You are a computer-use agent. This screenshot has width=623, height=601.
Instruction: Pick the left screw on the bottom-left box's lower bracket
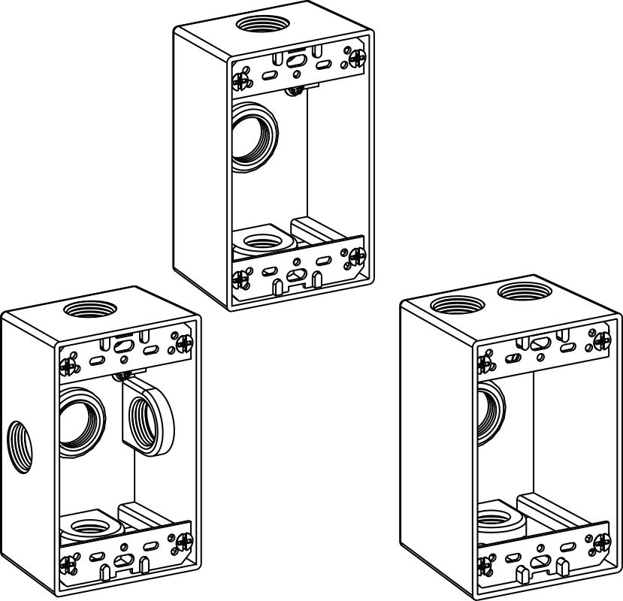(68, 562)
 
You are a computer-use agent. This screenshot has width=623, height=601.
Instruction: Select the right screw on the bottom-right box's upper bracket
(600, 340)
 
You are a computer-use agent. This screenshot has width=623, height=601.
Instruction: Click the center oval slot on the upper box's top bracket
(297, 61)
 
